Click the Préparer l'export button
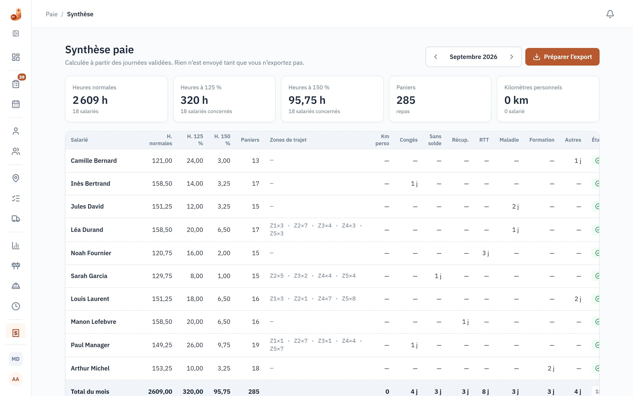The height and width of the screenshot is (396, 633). [562, 57]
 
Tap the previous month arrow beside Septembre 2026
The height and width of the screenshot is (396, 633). [435, 57]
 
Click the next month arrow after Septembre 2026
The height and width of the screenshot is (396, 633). [511, 57]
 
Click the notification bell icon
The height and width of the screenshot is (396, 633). [610, 14]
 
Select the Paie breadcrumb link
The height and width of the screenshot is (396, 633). [51, 14]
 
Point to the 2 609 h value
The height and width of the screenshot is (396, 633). [90, 100]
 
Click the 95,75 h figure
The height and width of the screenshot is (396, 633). [307, 100]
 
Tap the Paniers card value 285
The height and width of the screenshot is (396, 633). [406, 100]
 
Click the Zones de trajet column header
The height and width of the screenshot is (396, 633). [288, 140]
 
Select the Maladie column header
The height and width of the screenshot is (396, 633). [509, 140]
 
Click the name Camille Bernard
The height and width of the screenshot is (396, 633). [94, 161]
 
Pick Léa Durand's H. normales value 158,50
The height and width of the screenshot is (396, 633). [162, 230]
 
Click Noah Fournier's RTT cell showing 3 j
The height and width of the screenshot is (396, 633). [486, 253]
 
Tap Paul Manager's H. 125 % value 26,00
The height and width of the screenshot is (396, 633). [195, 345]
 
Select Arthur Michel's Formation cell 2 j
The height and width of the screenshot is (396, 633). [551, 368]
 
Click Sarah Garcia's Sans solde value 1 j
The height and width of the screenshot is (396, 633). [438, 276]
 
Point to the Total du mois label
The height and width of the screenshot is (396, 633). [90, 392]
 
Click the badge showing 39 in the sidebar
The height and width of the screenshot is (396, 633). [22, 77]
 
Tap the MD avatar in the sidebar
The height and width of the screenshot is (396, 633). [16, 359]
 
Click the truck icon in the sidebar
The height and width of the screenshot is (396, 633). [16, 219]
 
